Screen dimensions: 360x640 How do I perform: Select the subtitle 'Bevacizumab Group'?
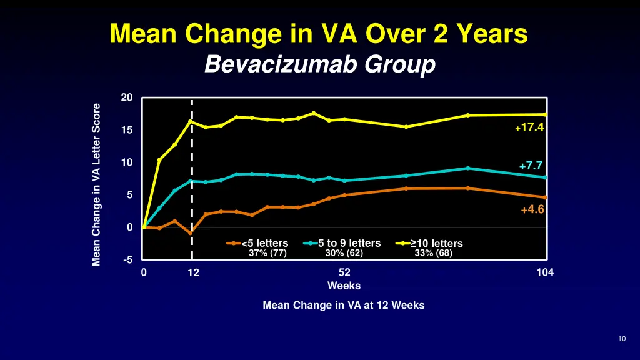[x=319, y=64]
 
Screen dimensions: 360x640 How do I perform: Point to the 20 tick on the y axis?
[x=127, y=97]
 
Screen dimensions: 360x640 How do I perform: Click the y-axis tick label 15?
[x=127, y=130]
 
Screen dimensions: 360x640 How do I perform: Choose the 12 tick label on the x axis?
[x=194, y=272]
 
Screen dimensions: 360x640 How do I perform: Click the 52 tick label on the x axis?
[x=344, y=272]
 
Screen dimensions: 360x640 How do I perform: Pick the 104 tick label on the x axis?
[x=545, y=272]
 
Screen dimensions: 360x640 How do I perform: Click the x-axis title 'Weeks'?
[x=344, y=286]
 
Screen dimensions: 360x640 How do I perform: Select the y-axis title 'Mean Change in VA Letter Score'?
[x=96, y=184]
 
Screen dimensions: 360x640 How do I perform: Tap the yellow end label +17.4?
[x=529, y=127]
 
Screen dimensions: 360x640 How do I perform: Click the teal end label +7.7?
[x=531, y=166]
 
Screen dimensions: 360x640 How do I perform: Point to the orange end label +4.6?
[x=532, y=210]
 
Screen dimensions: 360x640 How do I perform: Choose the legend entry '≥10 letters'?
[x=435, y=243]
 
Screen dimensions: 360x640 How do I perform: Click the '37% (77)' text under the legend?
[x=267, y=253]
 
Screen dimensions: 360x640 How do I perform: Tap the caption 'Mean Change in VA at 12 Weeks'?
[x=344, y=306]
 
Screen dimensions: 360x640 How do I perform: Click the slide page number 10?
[x=621, y=339]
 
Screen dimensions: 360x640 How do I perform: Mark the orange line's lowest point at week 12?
[x=190, y=233]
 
